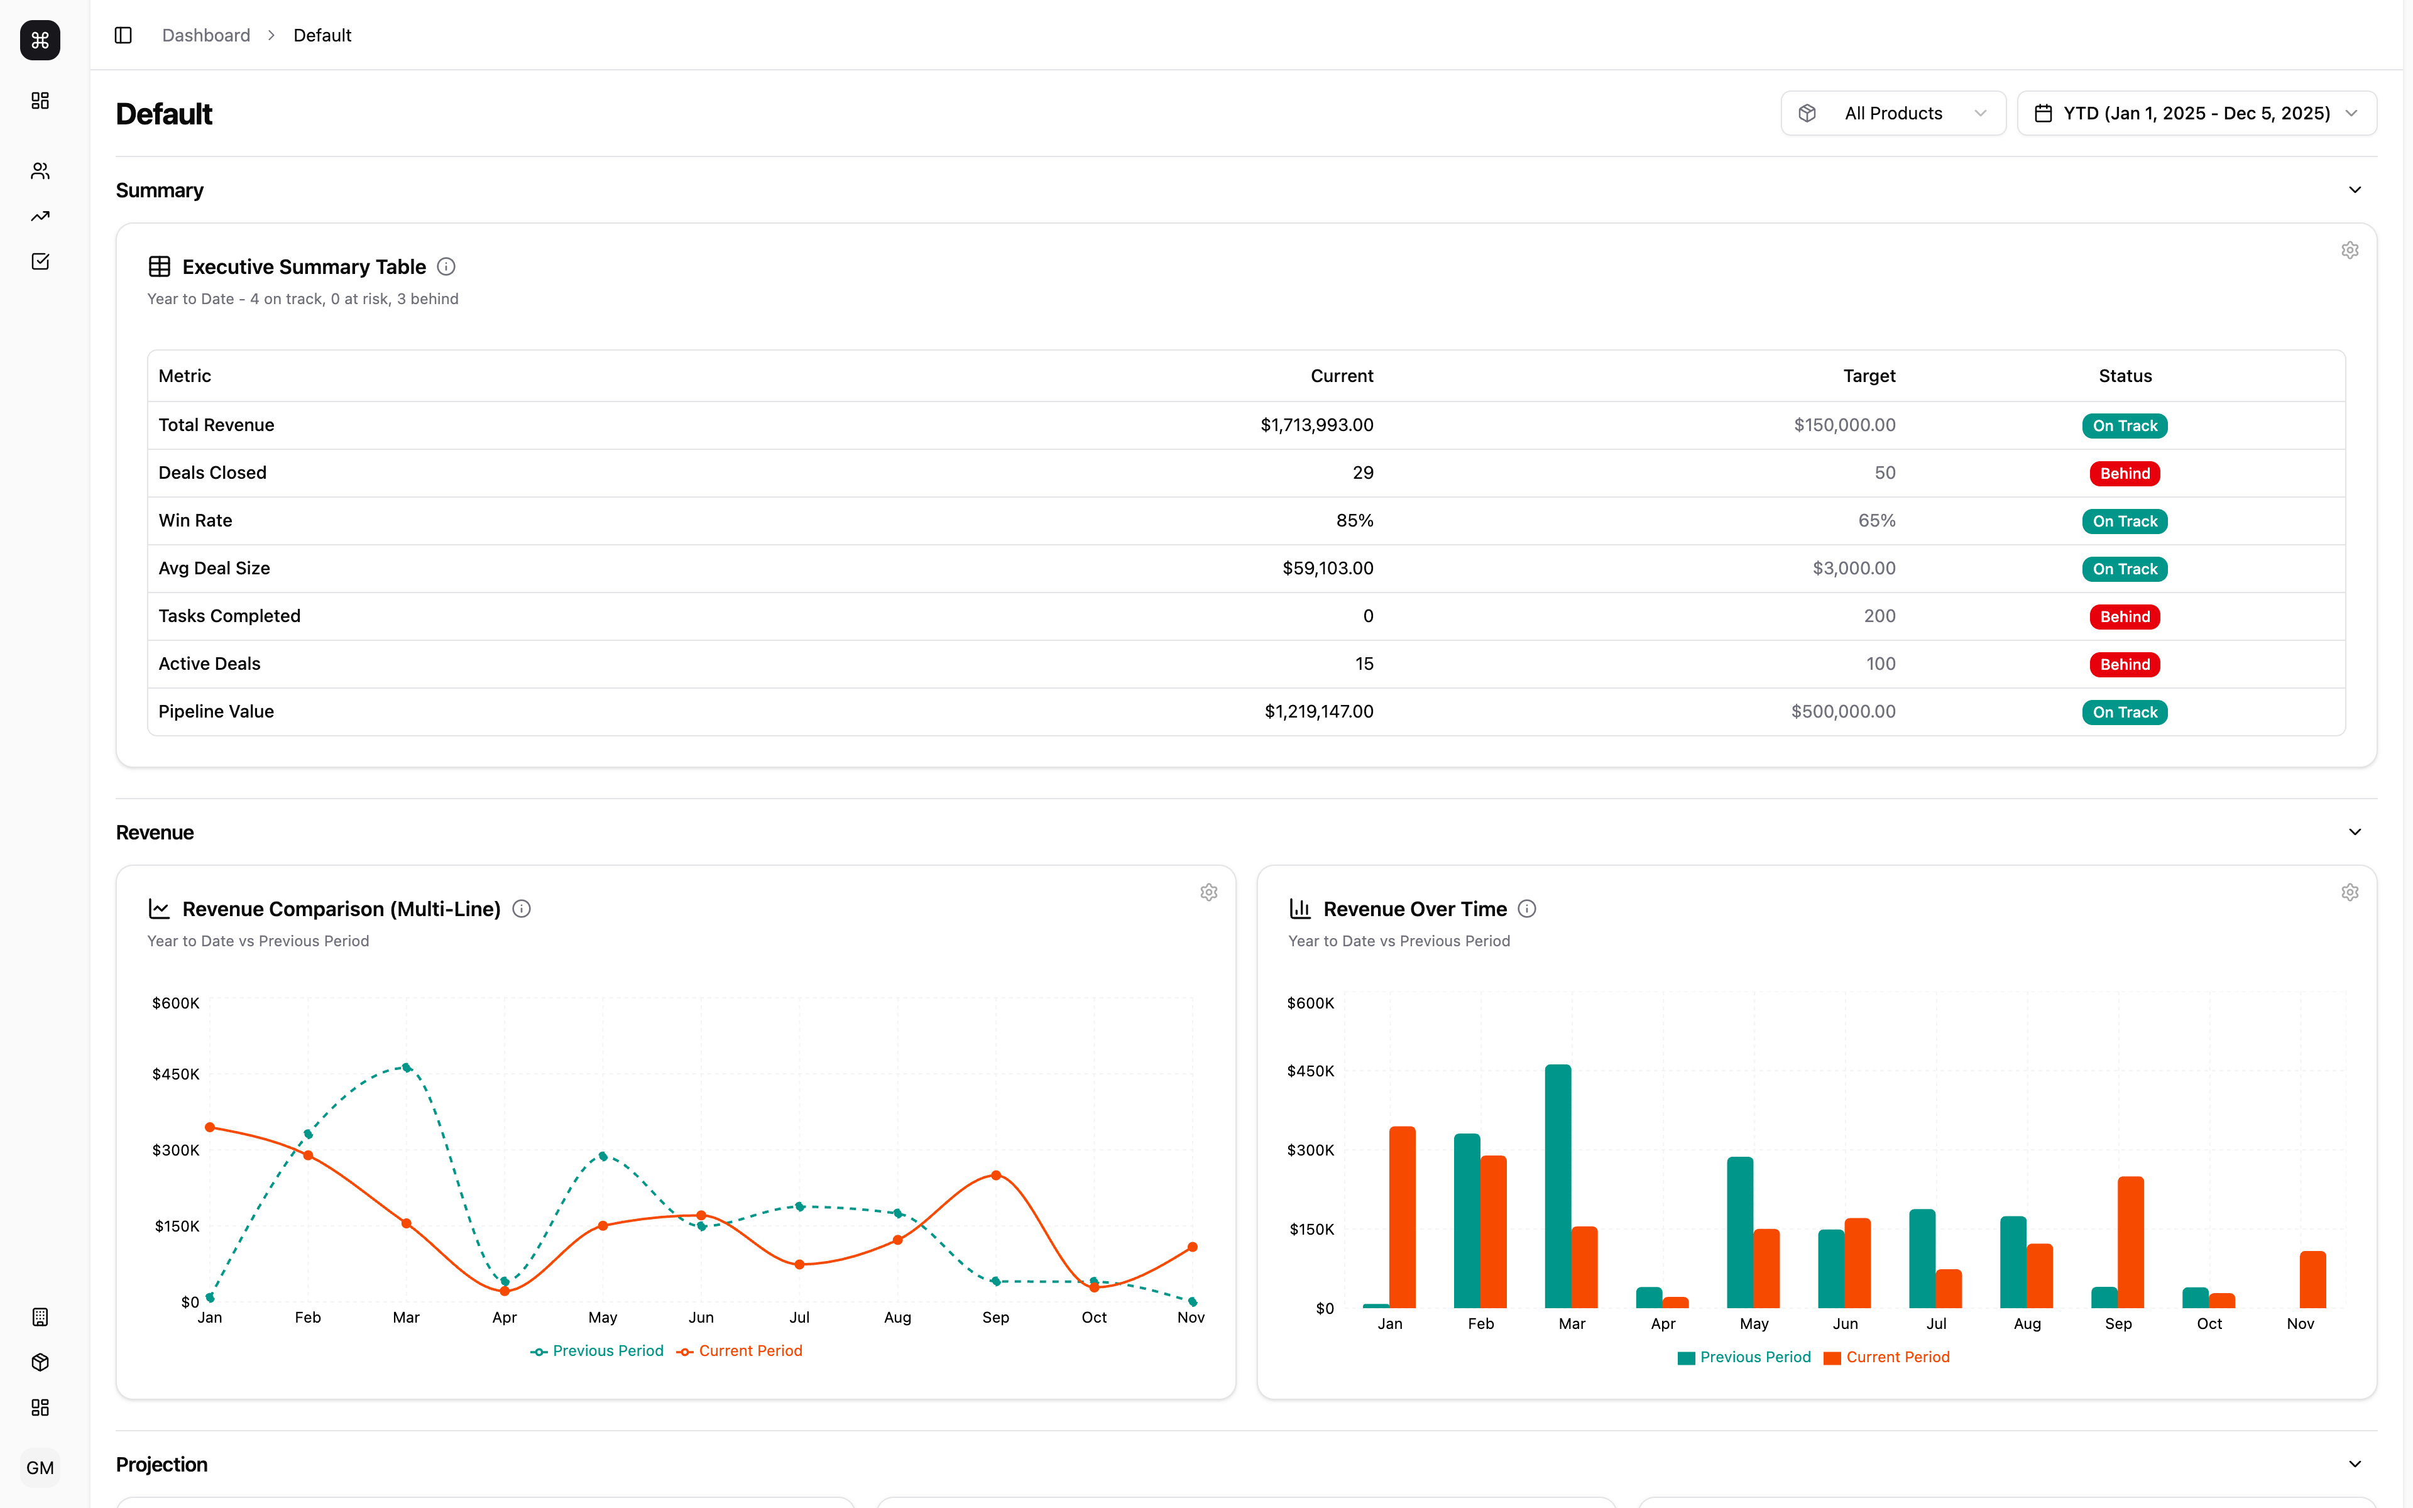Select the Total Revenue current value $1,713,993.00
(1316, 425)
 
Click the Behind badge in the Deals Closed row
(2124, 474)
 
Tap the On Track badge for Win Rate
(2124, 522)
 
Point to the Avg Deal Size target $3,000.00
(1854, 569)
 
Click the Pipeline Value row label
(216, 711)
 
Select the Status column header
(2125, 376)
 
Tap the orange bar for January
(1402, 1217)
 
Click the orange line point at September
(996, 1176)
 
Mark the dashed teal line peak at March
(407, 1067)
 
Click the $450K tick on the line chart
(175, 1074)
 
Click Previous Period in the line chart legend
(607, 1352)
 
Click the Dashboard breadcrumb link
(206, 36)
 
